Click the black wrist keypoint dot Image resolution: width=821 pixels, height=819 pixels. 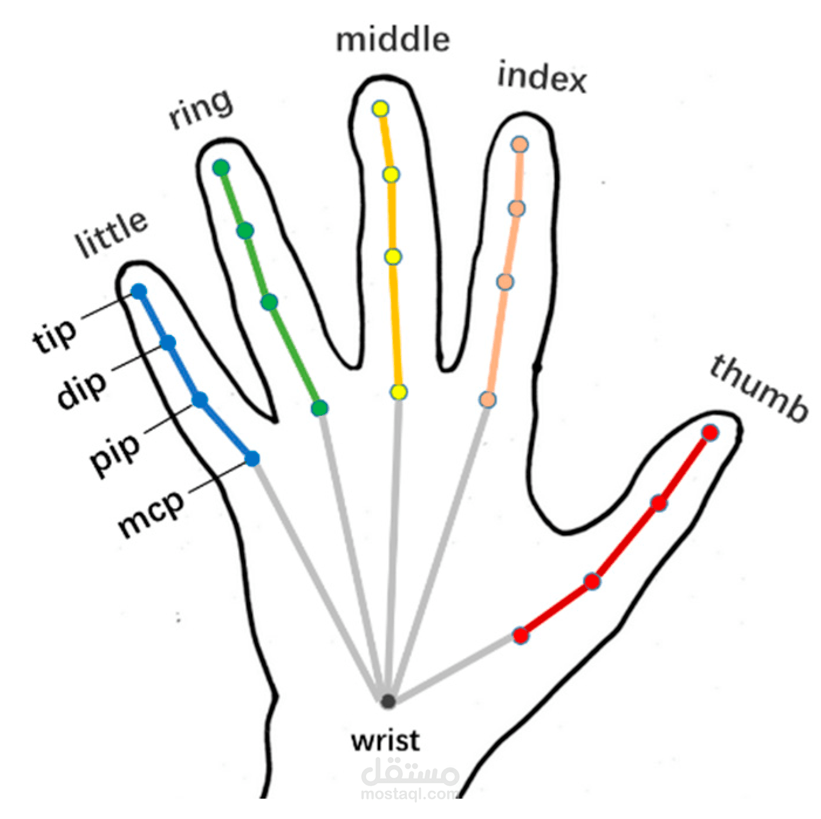pos(388,701)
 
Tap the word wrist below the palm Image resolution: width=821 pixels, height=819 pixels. pos(385,741)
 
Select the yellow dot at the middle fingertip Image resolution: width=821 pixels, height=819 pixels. pos(380,109)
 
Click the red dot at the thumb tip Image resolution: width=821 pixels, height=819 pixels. pos(710,433)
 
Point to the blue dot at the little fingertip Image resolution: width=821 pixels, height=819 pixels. pos(138,292)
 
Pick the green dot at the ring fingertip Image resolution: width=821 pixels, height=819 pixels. pos(221,168)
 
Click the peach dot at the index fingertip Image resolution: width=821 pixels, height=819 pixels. pos(520,145)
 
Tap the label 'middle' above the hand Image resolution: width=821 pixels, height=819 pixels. pos(393,40)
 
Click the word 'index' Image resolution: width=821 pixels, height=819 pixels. pos(542,77)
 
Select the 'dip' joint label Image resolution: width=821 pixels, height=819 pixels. pos(81,390)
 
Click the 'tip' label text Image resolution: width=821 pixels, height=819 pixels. pos(54,335)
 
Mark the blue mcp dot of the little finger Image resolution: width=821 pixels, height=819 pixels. pos(252,458)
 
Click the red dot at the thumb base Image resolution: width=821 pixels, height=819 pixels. pos(520,636)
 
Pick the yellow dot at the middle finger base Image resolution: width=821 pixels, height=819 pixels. pos(398,392)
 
